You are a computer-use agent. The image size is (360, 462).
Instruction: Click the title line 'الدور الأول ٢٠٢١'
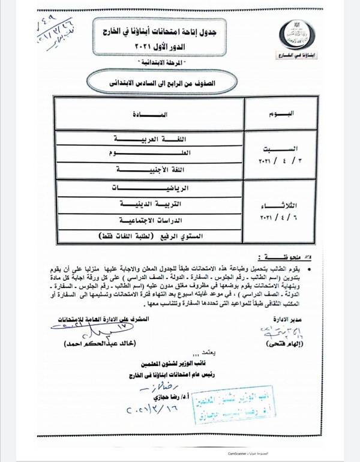[181, 46]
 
